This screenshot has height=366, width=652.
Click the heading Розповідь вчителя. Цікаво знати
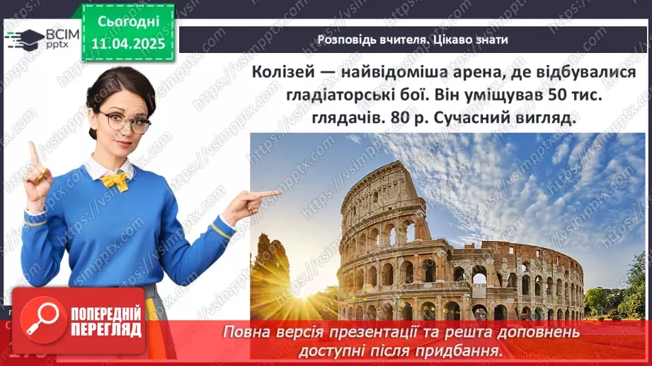(x=413, y=40)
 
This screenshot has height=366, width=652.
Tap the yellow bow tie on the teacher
(x=114, y=181)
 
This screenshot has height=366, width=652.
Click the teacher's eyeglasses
(x=126, y=122)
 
